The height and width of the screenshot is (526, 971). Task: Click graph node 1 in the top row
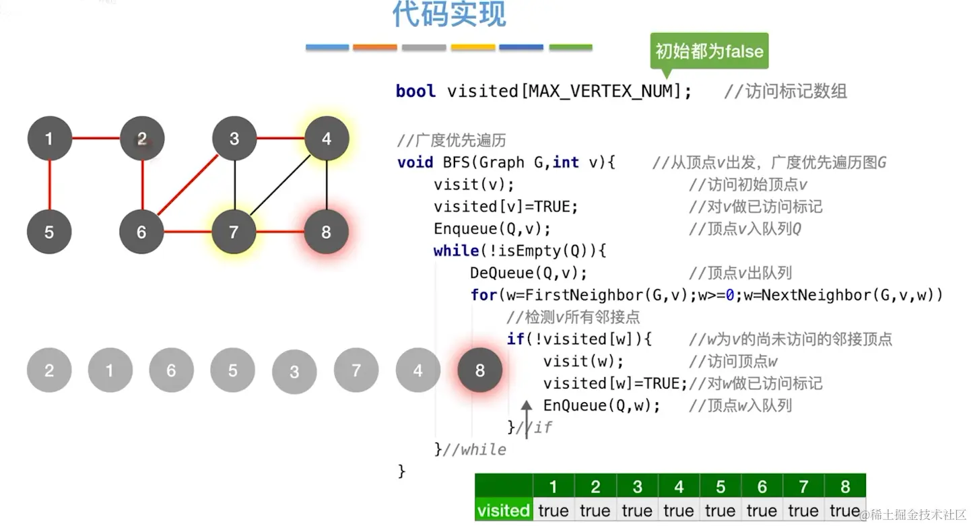(49, 139)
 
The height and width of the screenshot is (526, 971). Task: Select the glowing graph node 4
(327, 139)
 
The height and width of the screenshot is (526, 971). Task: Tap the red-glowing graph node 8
(327, 232)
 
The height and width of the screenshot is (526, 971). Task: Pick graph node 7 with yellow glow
(234, 232)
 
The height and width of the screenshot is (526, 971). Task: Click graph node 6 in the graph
(141, 232)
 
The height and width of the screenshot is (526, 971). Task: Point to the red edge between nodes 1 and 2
(96, 139)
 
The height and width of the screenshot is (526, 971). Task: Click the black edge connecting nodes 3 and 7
(234, 185)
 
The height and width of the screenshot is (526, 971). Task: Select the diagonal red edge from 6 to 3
(187, 186)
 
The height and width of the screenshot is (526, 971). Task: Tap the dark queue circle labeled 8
(479, 370)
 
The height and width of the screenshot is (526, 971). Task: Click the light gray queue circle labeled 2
(49, 370)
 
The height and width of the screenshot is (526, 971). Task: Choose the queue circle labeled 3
(294, 372)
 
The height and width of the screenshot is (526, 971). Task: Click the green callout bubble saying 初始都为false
(708, 51)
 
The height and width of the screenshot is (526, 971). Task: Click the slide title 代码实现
(448, 15)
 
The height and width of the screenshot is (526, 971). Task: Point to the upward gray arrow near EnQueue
(527, 414)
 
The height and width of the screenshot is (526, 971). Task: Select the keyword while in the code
(456, 251)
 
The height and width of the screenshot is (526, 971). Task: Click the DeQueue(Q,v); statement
(529, 273)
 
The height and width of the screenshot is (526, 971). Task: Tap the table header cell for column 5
(720, 486)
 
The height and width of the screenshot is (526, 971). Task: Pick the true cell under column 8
(844, 511)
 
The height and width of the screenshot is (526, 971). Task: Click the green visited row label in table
(503, 511)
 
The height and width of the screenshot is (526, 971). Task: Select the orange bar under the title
(375, 47)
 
